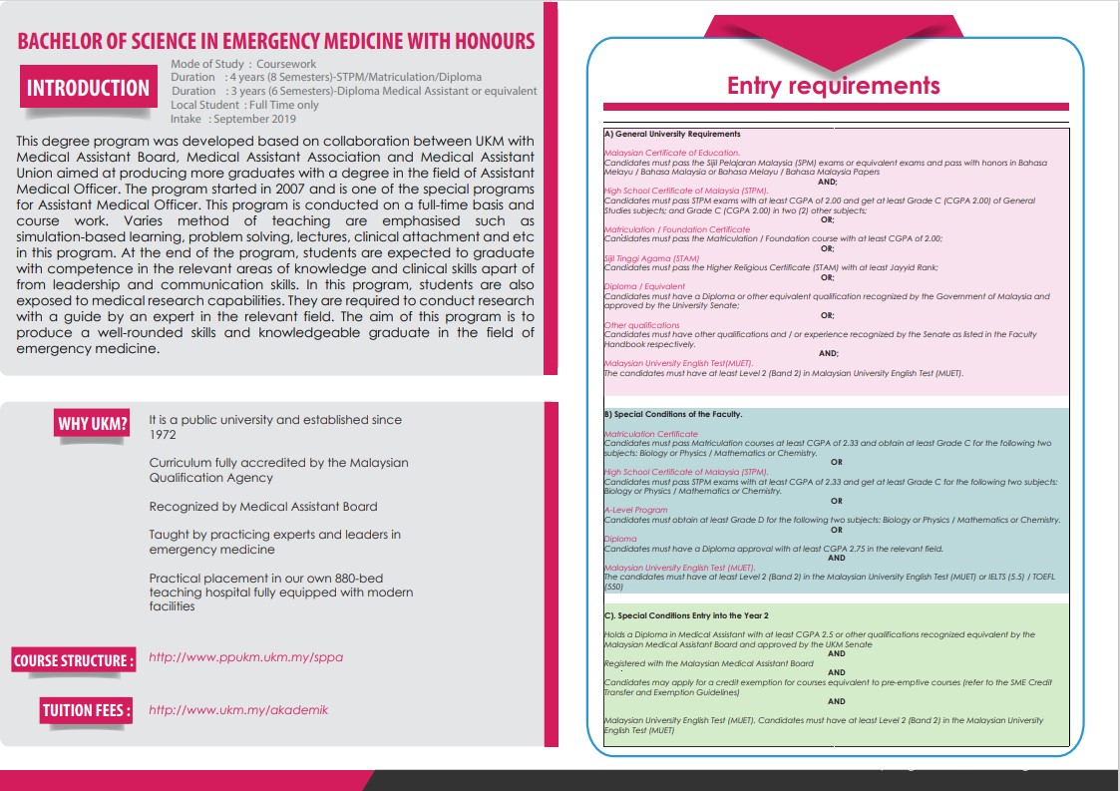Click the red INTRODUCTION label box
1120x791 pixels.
click(x=88, y=88)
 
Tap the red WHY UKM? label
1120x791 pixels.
click(x=93, y=424)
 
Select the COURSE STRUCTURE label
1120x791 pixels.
click(x=73, y=660)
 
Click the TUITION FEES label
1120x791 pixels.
click(x=86, y=710)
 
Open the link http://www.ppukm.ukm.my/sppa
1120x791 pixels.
click(x=245, y=658)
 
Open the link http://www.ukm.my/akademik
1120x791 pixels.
click(x=238, y=710)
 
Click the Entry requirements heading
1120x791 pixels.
click(x=833, y=86)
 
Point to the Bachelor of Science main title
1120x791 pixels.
click(x=276, y=42)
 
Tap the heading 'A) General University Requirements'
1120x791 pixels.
click(x=672, y=134)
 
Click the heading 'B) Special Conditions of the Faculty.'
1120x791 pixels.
click(x=673, y=414)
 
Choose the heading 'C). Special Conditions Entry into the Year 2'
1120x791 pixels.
click(x=686, y=615)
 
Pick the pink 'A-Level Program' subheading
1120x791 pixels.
click(x=635, y=510)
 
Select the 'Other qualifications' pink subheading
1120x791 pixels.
click(x=641, y=325)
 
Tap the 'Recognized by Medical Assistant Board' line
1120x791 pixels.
click(x=263, y=507)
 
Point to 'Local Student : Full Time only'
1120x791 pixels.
click(x=245, y=105)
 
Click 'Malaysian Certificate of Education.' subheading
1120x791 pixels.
click(x=671, y=153)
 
